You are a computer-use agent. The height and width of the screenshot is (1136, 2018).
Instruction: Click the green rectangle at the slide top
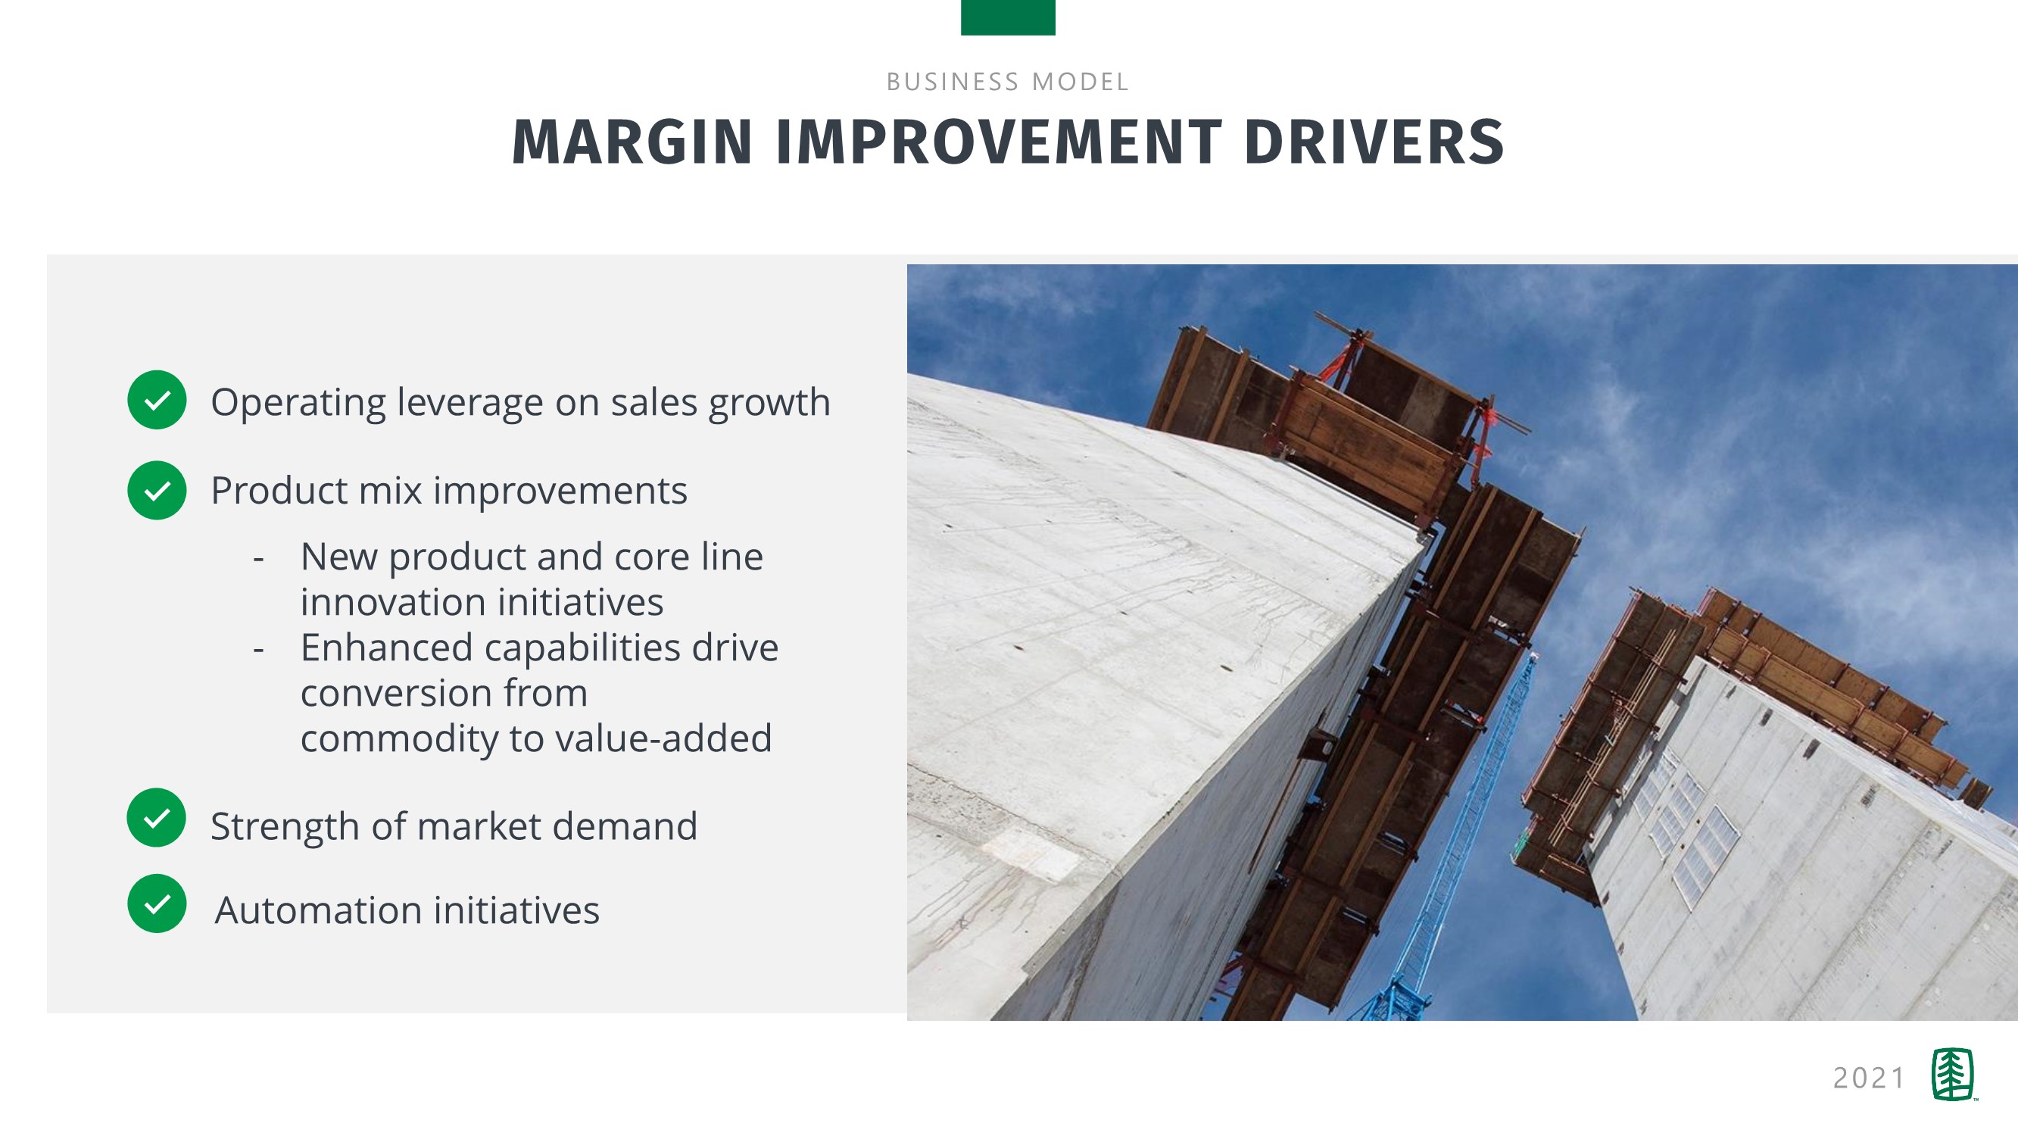click(1008, 17)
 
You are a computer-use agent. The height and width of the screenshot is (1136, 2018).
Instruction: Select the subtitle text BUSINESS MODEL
click(1008, 82)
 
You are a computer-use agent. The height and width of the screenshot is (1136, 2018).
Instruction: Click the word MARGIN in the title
click(632, 142)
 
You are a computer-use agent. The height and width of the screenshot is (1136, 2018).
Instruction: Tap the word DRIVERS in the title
click(1374, 142)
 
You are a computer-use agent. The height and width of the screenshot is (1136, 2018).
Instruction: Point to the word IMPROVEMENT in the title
click(999, 142)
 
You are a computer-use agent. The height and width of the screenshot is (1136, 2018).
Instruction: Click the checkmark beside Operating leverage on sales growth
click(157, 400)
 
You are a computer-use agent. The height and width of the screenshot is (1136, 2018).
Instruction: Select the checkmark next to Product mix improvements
click(157, 491)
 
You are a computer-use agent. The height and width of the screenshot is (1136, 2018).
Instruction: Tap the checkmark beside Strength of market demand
click(157, 817)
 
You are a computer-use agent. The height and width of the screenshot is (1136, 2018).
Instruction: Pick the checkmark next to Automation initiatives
click(157, 903)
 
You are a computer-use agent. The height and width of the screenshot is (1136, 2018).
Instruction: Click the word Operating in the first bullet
click(298, 404)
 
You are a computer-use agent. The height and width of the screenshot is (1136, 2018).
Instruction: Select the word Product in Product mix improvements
click(279, 492)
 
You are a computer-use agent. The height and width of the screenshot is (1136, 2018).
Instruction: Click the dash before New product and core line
click(258, 560)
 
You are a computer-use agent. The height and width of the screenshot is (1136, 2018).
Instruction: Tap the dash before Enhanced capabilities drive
click(258, 651)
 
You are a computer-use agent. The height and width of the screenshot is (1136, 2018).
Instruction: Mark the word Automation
click(320, 910)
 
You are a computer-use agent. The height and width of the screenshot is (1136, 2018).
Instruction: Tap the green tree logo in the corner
click(1953, 1074)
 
